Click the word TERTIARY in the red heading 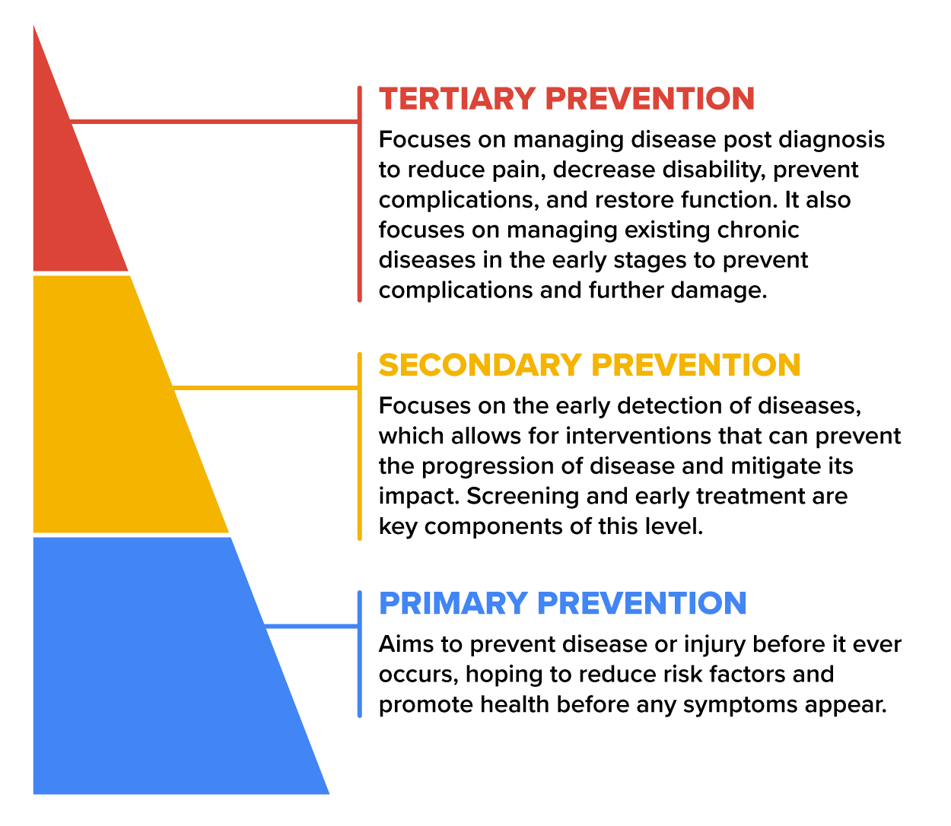(x=457, y=98)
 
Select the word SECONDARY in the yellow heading (x=479, y=364)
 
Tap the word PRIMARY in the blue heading (x=453, y=603)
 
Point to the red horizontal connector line (x=214, y=122)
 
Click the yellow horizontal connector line (x=265, y=387)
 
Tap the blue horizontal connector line (x=311, y=626)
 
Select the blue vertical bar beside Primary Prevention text (x=360, y=654)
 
